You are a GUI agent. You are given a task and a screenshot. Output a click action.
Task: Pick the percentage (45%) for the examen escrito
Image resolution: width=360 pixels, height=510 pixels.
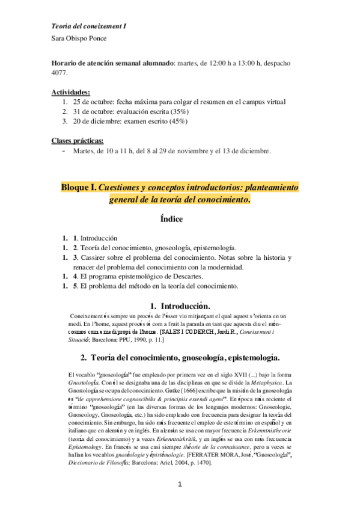175,121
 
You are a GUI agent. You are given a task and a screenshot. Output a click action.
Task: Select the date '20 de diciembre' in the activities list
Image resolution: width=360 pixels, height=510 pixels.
97,121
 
